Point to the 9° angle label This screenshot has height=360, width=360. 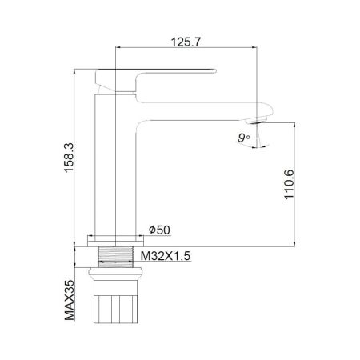242,137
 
